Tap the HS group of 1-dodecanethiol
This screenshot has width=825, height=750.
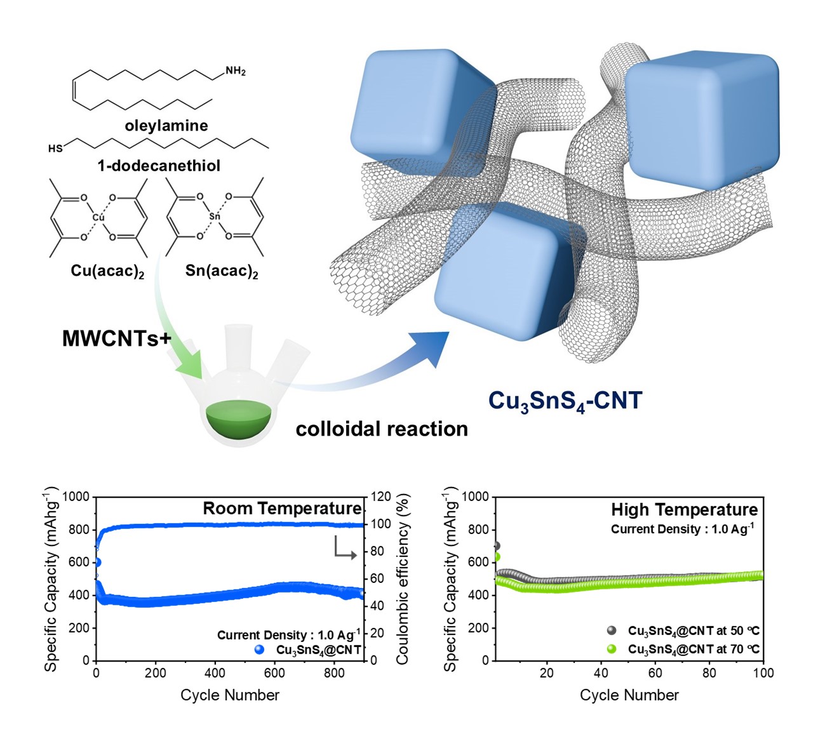55,149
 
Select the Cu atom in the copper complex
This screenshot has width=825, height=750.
98,217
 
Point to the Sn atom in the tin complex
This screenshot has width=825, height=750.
215,217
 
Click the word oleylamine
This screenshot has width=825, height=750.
166,126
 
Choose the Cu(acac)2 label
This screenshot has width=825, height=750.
107,271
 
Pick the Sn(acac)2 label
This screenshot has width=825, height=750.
222,271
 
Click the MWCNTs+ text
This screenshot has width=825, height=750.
116,338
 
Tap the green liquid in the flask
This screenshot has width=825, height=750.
239,419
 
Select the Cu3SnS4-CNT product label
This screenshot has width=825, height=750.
565,401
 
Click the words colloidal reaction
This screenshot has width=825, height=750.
382,429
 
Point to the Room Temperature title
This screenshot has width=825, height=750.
282,509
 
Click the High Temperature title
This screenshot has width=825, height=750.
685,510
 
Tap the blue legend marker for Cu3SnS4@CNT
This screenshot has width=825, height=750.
259,650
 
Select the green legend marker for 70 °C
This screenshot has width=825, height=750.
612,649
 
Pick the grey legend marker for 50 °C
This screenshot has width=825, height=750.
612,630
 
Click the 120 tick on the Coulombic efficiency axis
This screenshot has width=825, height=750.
380,497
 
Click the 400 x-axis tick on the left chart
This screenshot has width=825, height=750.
215,673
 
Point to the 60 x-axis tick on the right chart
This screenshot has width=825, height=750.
655,673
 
